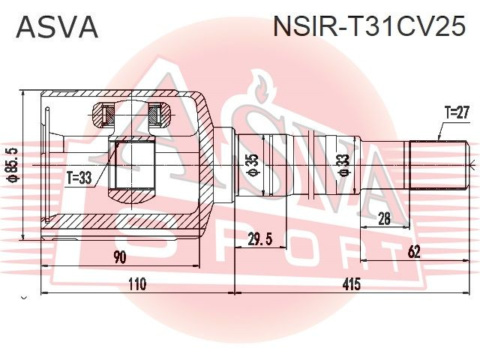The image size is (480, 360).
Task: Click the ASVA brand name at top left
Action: (57, 27)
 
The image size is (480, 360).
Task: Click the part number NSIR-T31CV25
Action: (369, 27)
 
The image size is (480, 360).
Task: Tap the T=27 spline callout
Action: (456, 112)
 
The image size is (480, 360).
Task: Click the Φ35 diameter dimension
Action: (253, 165)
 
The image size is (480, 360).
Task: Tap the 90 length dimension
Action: (119, 257)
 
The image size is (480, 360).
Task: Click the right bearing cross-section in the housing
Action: (155, 115)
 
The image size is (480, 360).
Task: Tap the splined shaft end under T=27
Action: (438, 166)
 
